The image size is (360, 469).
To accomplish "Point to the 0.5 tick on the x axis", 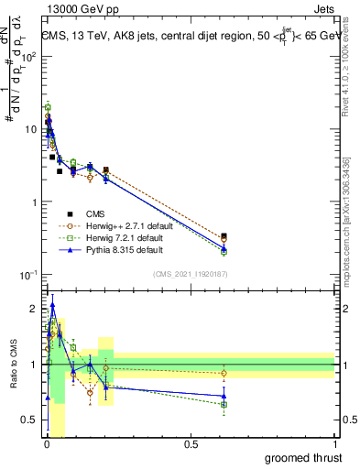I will (191, 444).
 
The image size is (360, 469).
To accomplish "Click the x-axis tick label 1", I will (334, 444).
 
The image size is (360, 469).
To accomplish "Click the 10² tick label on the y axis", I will (29, 57).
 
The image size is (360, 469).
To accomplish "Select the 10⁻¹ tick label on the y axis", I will (29, 275).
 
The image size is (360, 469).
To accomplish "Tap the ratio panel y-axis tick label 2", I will (34, 309).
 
